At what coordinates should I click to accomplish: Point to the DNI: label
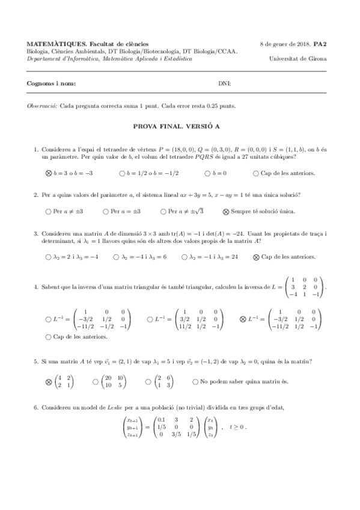[224, 84]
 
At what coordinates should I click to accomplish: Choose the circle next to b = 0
[207, 173]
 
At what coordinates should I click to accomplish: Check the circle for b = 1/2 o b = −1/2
[122, 173]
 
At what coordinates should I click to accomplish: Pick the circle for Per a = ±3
[106, 211]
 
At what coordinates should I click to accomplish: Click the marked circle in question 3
[256, 257]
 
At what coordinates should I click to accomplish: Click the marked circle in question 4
[243, 319]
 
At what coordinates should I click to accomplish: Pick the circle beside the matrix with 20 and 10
[96, 381]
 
